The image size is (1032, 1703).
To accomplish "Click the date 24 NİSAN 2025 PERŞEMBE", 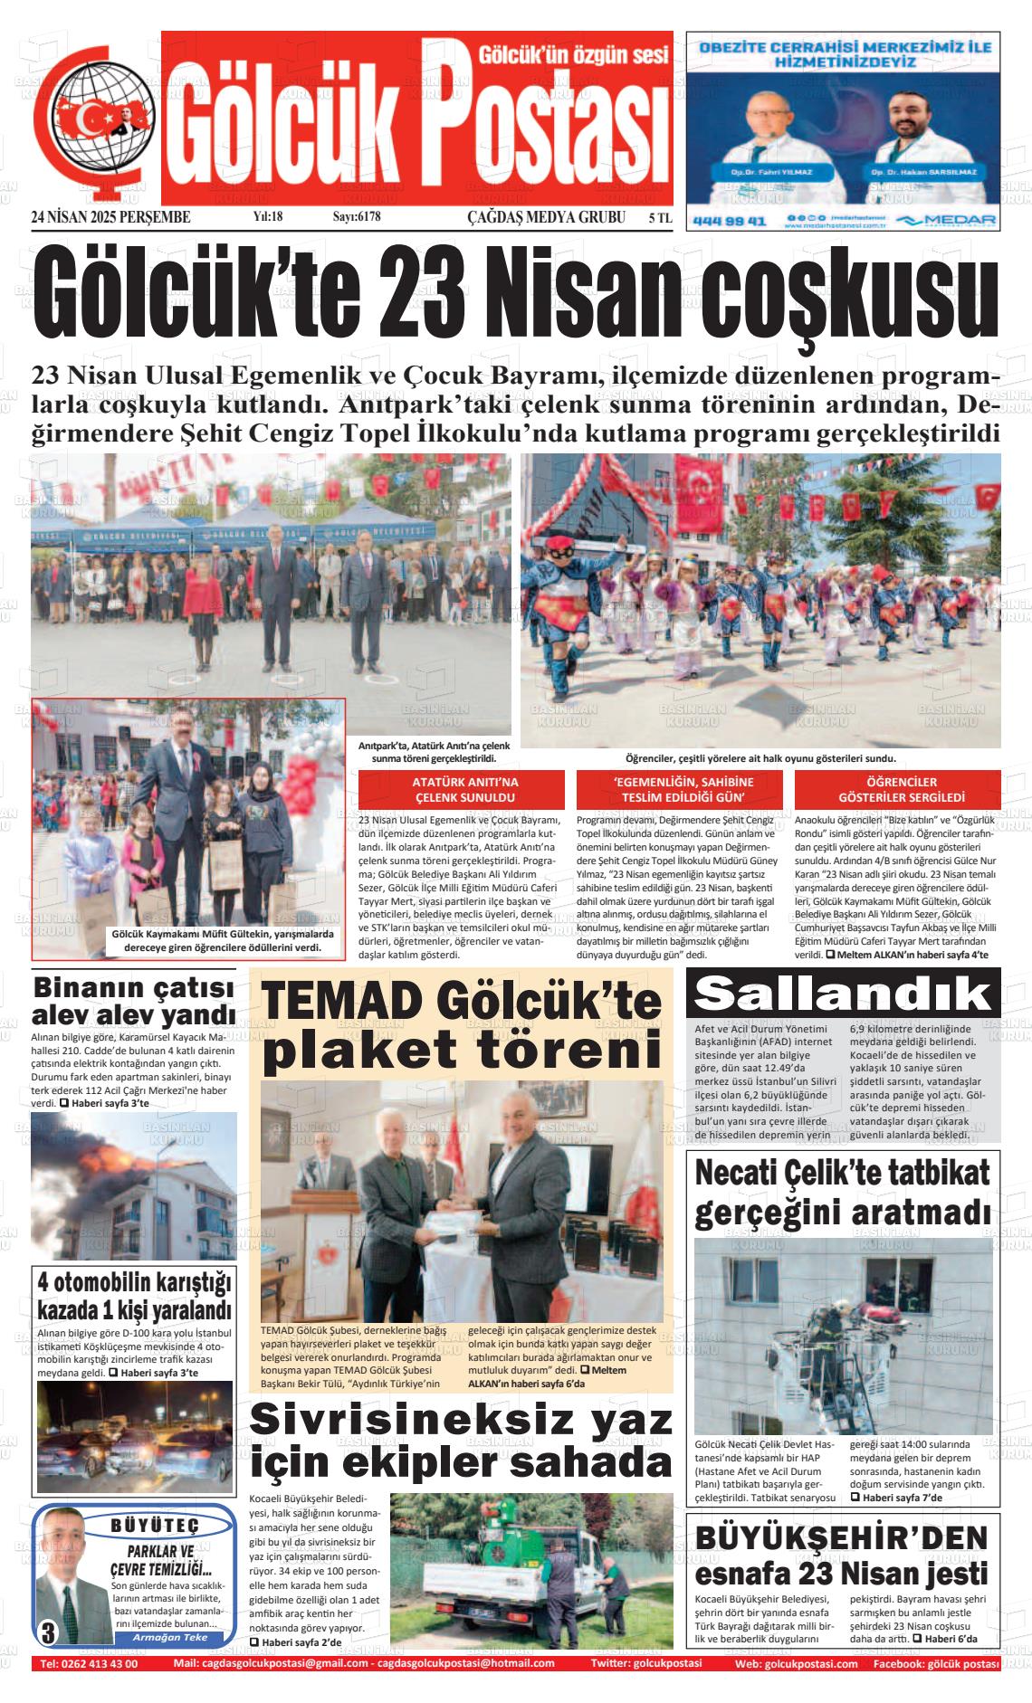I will [110, 217].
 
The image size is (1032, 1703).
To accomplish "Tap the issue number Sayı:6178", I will [357, 217].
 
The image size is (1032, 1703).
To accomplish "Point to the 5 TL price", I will [660, 217].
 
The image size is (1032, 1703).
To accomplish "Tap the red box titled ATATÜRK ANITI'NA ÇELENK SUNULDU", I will [464, 789].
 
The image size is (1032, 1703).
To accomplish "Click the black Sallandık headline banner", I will [843, 994].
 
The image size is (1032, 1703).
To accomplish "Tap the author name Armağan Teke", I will [169, 1637].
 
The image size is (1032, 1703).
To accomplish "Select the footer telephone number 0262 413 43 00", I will [89, 1663].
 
